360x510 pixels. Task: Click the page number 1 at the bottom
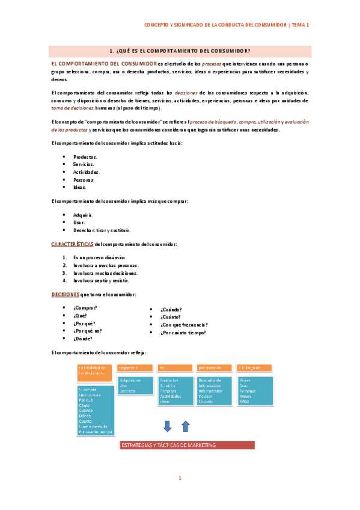180,478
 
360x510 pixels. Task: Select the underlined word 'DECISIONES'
66,294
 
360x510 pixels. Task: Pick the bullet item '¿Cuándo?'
171,309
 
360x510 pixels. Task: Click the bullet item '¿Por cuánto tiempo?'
183,333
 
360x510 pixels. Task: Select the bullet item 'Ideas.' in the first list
80,187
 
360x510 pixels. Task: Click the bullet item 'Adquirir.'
83,215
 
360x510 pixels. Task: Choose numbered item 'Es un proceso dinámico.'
100,257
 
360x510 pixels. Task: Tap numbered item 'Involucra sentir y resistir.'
100,280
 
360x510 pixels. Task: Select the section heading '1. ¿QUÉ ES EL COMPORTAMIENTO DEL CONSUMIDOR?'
180,51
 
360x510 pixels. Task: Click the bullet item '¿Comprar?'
85,307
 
